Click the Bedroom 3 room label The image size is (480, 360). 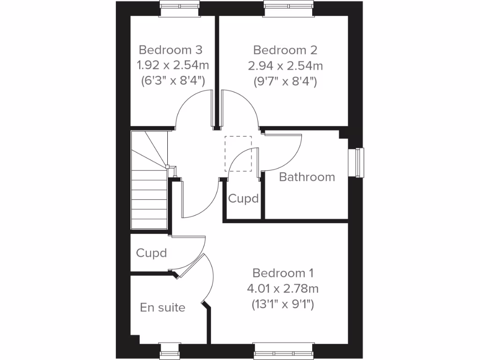coord(171,50)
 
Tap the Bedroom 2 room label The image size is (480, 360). coord(285,50)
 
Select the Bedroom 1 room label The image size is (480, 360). coord(283,273)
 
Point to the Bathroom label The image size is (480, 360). coord(307,177)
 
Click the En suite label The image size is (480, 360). coord(163,307)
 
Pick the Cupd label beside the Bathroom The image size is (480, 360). coord(243,199)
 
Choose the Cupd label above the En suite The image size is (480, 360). coord(151,253)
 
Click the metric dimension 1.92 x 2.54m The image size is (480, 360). coord(172,65)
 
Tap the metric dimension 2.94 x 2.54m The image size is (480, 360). coord(285,65)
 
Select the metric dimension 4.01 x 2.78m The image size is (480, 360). coord(283,288)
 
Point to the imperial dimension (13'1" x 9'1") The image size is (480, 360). coord(283,304)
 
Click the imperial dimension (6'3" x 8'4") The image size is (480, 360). coord(172,81)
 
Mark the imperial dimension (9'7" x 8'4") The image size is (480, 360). coord(285,81)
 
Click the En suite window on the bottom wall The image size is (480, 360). coord(169,350)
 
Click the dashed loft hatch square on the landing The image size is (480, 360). coord(238,154)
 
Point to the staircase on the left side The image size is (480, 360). coord(149,187)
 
